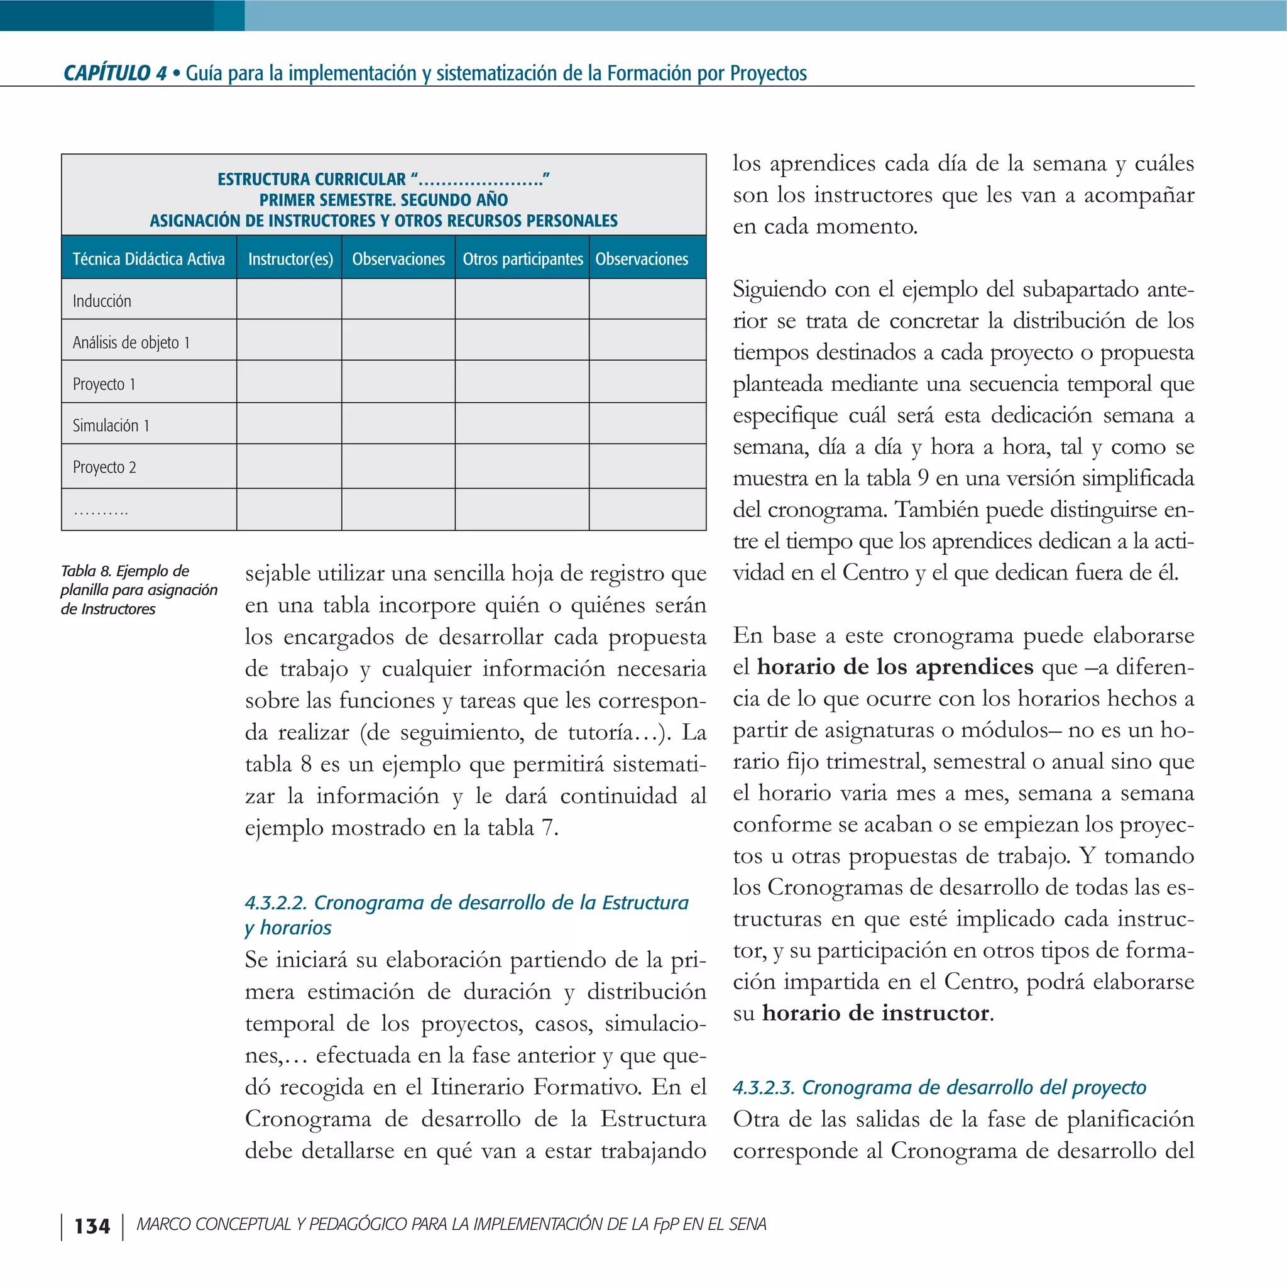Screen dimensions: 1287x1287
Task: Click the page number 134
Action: click(x=92, y=1227)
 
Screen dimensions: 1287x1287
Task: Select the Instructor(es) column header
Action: click(x=290, y=258)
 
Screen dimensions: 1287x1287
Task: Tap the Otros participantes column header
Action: click(x=522, y=258)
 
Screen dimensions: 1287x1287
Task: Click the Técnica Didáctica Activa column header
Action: click(x=148, y=258)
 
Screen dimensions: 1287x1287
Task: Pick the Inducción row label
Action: click(x=102, y=301)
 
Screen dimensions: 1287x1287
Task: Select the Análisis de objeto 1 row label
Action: click(x=131, y=342)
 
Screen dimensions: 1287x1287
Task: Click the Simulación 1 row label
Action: click(x=111, y=425)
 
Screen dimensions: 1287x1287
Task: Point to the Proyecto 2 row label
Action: click(x=104, y=467)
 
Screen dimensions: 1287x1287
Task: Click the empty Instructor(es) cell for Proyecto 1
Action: click(x=289, y=382)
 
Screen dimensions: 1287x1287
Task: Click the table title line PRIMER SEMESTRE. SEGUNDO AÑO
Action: click(x=383, y=200)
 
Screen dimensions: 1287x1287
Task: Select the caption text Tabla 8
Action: click(x=86, y=571)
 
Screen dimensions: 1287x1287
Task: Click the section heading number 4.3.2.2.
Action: click(x=276, y=902)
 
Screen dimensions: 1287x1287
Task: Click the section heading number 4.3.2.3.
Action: click(x=764, y=1088)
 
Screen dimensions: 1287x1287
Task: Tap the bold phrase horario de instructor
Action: click(x=875, y=1013)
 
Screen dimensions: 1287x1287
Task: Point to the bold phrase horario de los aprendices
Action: click(x=895, y=667)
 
